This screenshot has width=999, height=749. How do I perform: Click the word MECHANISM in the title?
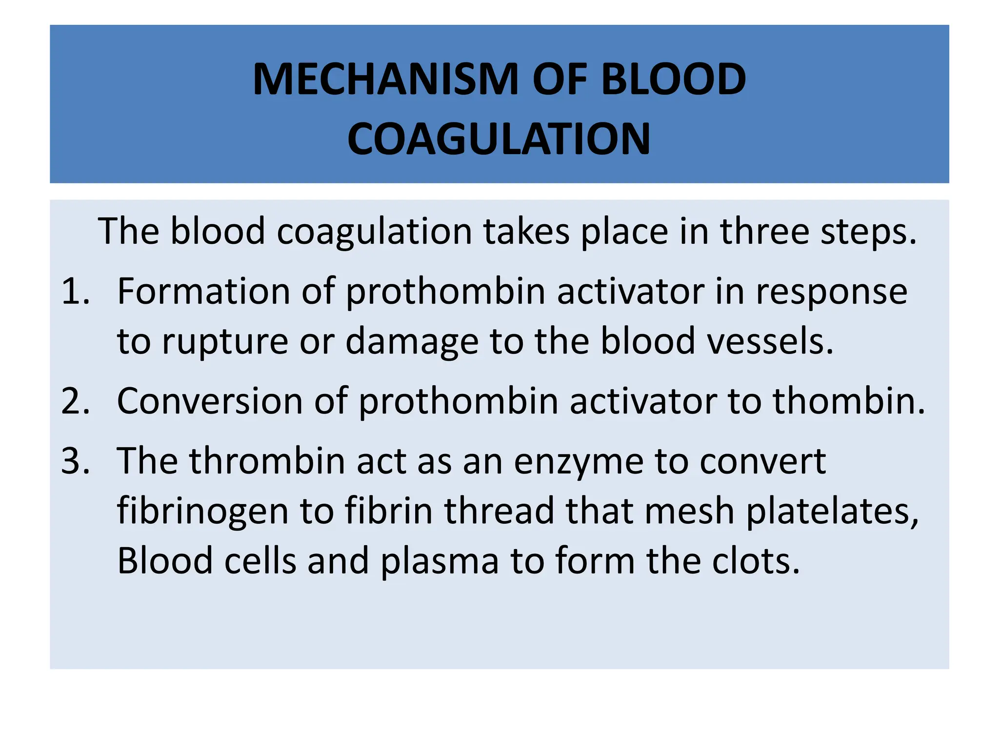tap(385, 79)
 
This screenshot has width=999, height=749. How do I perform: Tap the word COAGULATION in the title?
tap(499, 139)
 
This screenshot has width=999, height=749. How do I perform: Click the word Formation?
tap(204, 292)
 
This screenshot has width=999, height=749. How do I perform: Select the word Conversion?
tap(210, 401)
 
